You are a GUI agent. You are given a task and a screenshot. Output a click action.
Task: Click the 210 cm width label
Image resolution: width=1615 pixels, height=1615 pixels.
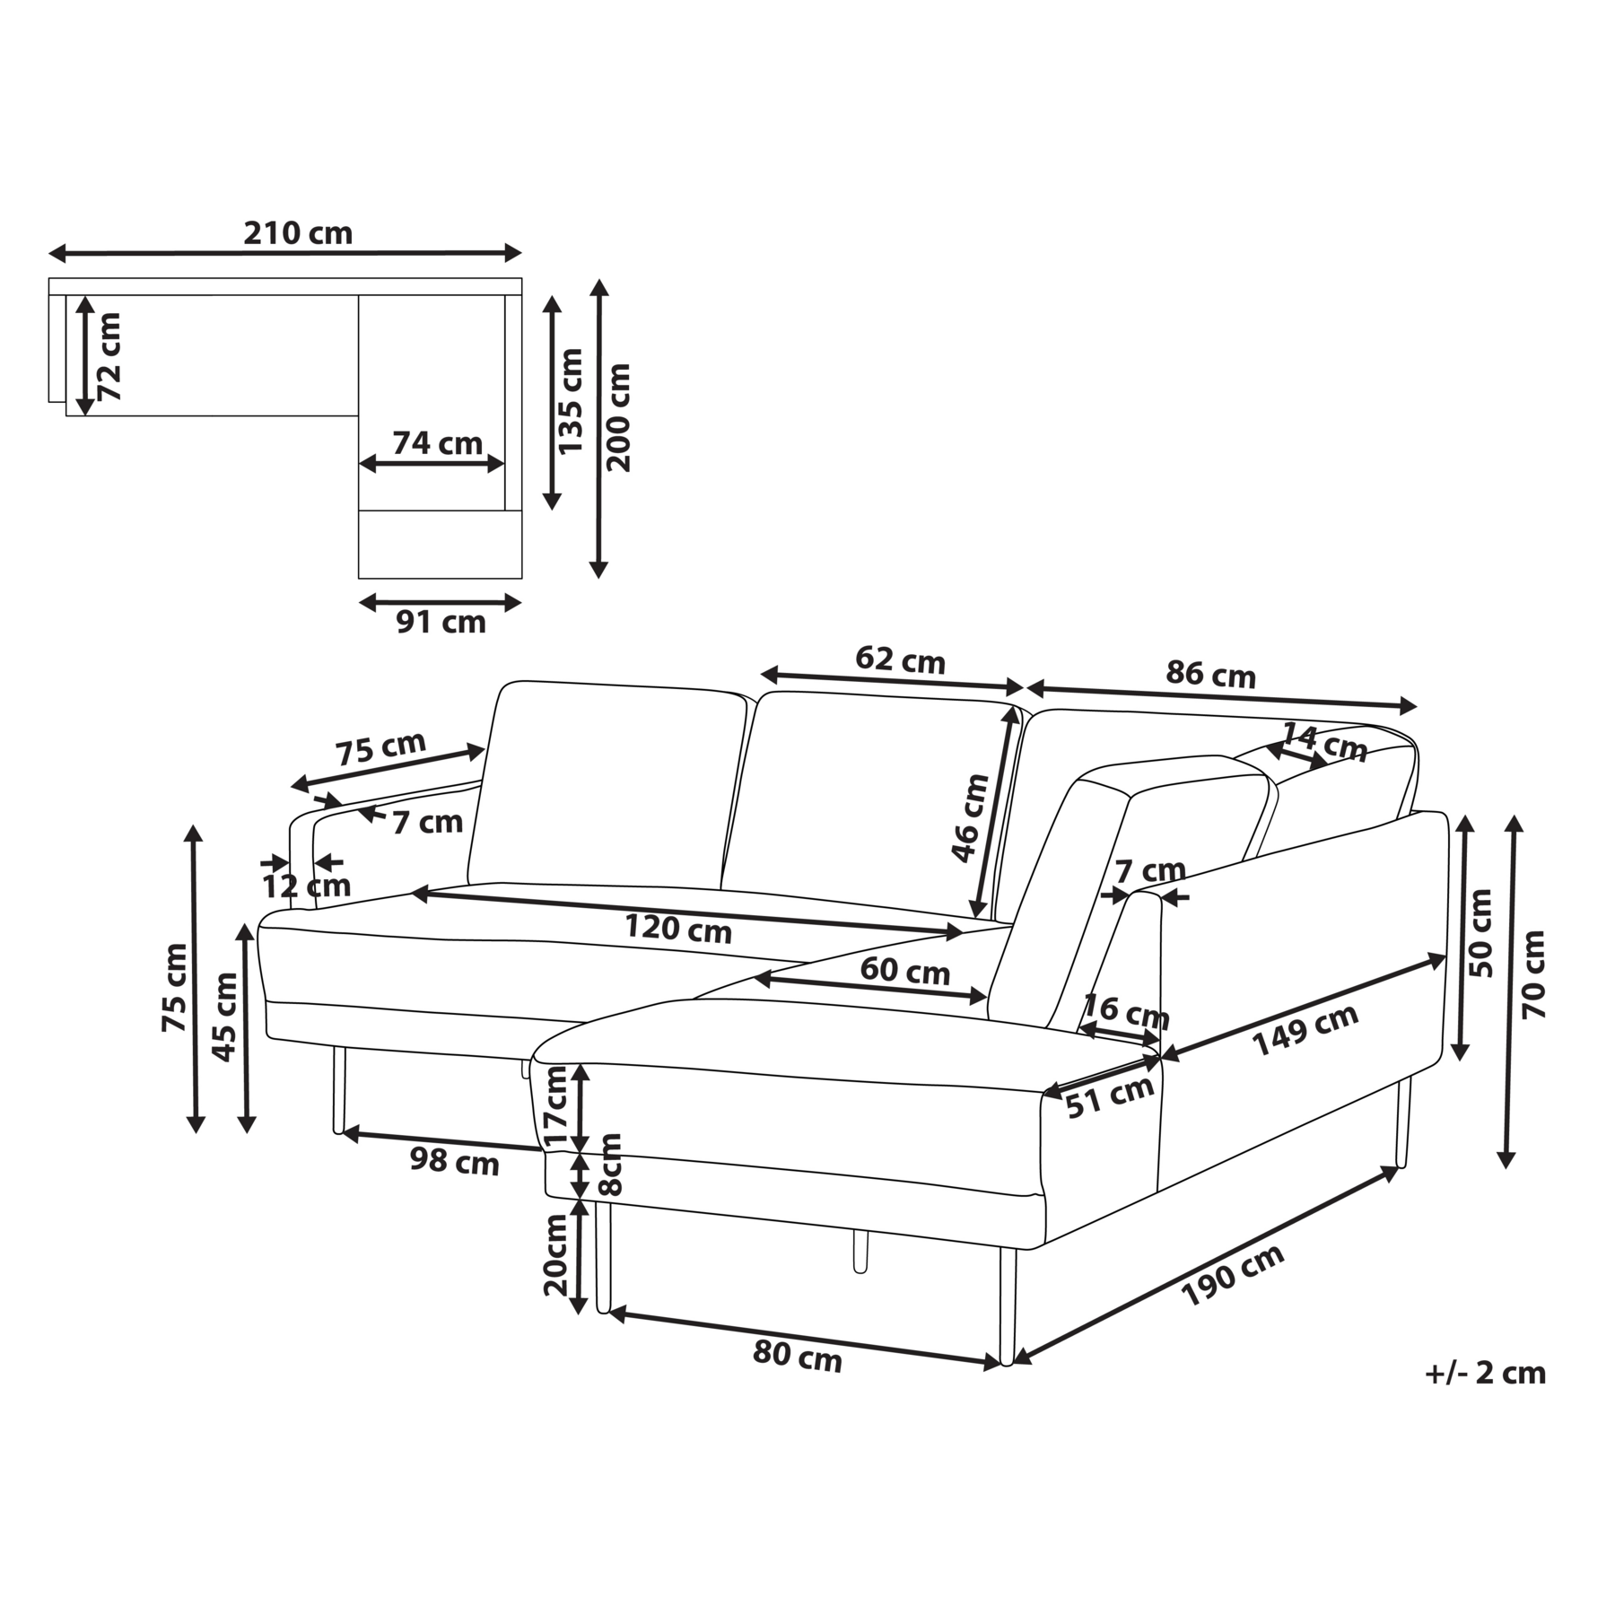298,233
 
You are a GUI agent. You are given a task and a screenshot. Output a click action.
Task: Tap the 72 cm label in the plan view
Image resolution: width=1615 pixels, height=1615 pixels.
109,356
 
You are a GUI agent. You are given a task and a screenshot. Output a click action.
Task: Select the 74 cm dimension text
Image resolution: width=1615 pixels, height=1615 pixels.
438,443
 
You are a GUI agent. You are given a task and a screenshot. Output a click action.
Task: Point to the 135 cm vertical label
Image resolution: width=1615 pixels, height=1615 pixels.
570,401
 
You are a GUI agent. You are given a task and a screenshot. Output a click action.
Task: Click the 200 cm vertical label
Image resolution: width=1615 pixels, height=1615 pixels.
618,417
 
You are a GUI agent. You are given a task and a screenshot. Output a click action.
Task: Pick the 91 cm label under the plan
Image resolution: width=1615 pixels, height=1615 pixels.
441,622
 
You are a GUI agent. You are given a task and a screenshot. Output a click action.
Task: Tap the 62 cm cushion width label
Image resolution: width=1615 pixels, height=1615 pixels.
900,660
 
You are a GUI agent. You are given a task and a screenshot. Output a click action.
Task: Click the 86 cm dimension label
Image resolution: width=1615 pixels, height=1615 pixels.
1210,674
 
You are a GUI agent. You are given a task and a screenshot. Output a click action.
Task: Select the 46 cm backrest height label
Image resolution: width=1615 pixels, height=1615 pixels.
970,817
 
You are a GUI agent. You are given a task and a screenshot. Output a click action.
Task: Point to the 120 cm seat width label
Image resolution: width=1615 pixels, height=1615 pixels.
678,928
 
